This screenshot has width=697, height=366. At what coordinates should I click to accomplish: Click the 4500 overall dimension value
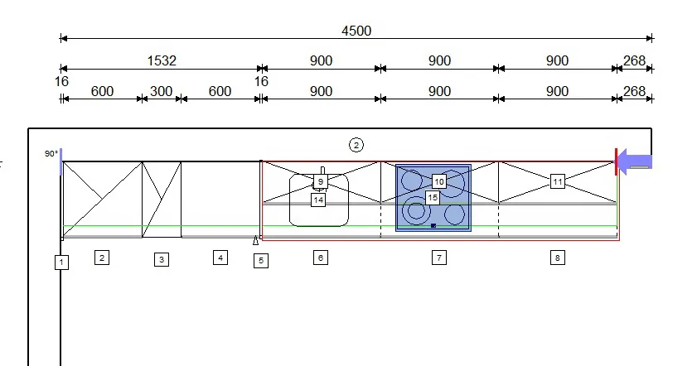[356, 31]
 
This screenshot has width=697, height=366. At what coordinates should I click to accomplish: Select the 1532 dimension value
[162, 60]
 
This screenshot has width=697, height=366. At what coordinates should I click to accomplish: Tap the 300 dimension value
[161, 91]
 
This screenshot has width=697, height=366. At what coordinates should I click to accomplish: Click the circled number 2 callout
[356, 145]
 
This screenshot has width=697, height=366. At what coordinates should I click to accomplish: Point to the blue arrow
[635, 161]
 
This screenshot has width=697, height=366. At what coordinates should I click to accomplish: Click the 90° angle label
[51, 154]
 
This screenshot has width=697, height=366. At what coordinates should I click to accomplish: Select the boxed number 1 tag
[61, 262]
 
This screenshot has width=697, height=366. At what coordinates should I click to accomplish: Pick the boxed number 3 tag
[162, 259]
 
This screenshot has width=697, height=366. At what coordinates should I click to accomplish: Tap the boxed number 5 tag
[261, 260]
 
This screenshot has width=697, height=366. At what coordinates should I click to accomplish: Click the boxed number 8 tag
[558, 258]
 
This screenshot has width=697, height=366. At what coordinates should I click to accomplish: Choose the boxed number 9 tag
[321, 181]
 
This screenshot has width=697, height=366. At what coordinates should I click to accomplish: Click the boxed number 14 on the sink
[318, 200]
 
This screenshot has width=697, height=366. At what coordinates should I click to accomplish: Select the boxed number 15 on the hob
[433, 198]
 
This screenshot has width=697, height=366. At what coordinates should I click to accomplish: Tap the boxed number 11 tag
[558, 181]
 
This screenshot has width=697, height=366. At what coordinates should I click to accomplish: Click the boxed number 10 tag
[439, 181]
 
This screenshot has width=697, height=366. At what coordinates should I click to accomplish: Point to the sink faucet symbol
[322, 171]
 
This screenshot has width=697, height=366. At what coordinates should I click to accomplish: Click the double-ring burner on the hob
[416, 211]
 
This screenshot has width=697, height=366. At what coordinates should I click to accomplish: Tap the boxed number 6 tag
[321, 258]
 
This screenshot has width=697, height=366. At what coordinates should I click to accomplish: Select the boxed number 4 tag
[220, 258]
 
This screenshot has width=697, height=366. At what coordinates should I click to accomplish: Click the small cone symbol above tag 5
[255, 240]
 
